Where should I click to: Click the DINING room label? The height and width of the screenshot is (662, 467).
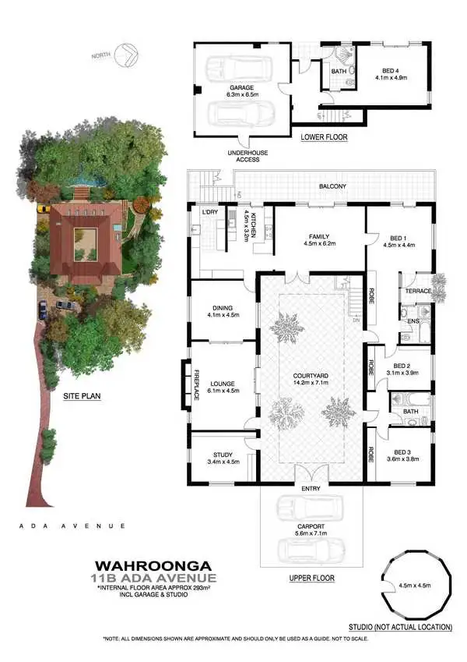tap(223, 310)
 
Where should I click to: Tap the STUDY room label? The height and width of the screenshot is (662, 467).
tap(223, 458)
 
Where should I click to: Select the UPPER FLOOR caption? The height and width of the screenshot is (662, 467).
tap(311, 578)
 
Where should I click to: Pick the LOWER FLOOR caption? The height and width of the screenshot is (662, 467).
tap(324, 137)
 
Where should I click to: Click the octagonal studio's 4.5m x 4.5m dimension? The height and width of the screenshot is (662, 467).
tap(415, 586)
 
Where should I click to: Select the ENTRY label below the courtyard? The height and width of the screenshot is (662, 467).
tap(311, 488)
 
